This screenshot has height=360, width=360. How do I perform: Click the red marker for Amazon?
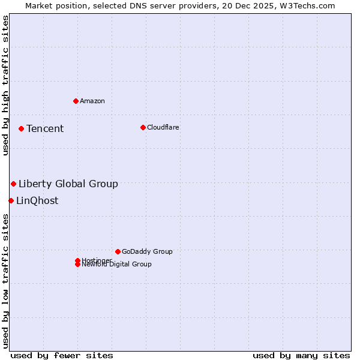point(76,101)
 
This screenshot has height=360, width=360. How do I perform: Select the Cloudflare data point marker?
point(143,127)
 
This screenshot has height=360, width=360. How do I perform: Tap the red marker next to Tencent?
point(21,128)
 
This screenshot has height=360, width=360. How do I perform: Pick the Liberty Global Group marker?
point(13,184)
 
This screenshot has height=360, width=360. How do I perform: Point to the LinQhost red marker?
point(11,200)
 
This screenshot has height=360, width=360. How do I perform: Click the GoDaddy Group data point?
point(118,251)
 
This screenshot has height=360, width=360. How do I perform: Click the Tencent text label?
point(45,128)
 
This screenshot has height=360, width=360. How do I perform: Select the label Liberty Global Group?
point(68,184)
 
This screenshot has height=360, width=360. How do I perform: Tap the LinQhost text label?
point(37,200)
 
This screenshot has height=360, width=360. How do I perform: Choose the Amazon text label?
point(92,101)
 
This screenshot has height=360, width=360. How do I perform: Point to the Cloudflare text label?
point(163,127)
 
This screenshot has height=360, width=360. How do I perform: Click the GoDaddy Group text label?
point(147,251)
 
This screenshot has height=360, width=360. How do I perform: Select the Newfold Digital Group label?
point(117,265)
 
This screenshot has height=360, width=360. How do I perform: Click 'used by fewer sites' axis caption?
point(62,355)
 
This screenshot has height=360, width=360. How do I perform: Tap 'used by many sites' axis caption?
point(301,355)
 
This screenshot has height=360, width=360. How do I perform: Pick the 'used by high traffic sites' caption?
point(5,85)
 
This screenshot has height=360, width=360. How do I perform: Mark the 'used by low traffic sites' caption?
point(5,281)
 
